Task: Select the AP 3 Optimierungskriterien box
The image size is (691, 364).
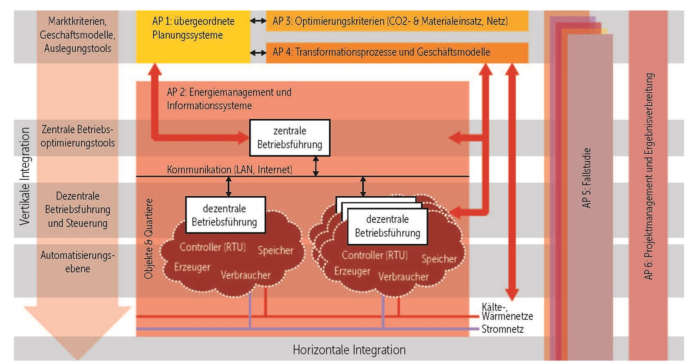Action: [397, 21]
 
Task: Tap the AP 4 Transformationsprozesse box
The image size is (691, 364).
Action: [397, 52]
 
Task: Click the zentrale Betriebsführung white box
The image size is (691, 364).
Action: [290, 138]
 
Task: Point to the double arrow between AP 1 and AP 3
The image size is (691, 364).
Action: [258, 21]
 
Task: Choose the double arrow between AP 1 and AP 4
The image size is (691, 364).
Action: [258, 53]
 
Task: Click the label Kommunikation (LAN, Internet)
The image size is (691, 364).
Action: [229, 169]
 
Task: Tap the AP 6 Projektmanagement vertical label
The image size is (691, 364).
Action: [648, 176]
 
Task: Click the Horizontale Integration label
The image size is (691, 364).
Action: [349, 350]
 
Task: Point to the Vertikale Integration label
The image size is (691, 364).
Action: [25, 176]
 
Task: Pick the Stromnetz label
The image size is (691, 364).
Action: [503, 329]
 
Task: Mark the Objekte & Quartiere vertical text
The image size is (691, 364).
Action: [148, 239]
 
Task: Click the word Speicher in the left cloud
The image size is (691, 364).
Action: [275, 250]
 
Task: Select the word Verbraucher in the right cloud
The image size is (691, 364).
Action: [403, 276]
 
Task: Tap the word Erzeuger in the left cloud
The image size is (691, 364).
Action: [192, 267]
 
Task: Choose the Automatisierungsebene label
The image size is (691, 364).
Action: [77, 262]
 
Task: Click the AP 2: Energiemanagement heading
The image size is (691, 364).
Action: [229, 99]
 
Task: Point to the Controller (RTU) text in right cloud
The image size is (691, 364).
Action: [375, 255]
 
